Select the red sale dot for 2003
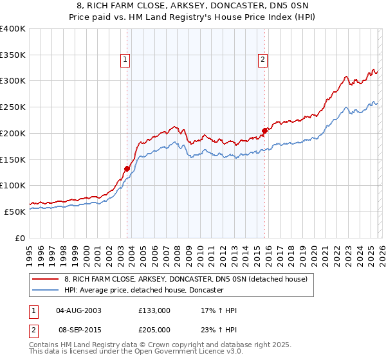click(127, 168)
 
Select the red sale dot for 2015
click(264, 130)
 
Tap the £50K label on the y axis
click(15, 212)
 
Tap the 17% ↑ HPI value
click(219, 310)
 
